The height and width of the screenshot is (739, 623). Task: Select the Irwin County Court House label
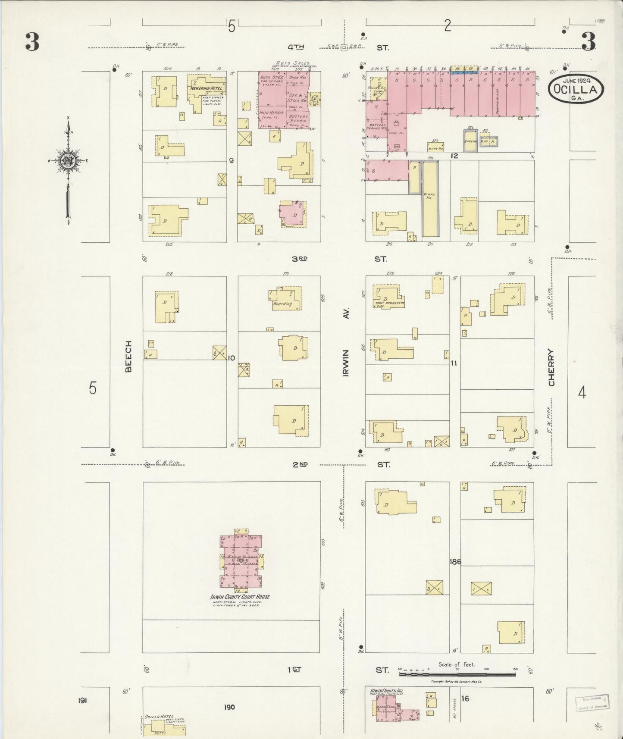(240, 596)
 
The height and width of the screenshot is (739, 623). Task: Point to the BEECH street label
(128, 356)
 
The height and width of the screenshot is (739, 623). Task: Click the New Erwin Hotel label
(207, 88)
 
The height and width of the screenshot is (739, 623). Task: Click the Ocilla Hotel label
(159, 717)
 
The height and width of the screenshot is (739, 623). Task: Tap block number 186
(455, 561)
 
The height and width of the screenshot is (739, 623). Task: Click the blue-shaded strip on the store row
(464, 73)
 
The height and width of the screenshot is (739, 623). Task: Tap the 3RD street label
(300, 259)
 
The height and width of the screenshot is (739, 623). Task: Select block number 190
(229, 707)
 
